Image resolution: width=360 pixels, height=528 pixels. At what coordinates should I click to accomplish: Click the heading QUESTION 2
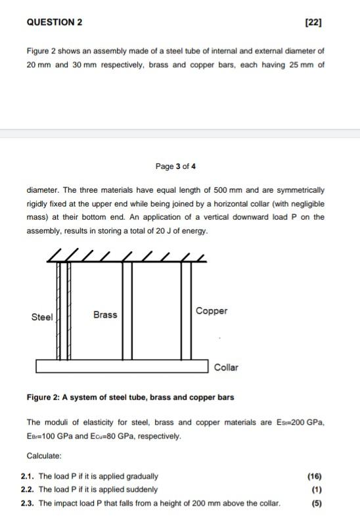pyautogui.click(x=55, y=22)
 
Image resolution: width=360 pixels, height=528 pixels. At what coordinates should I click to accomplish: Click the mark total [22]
pyautogui.click(x=314, y=22)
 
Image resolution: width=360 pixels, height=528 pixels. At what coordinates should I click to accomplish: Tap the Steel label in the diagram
pyautogui.click(x=42, y=317)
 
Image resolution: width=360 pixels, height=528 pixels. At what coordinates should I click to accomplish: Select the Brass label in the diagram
pyautogui.click(x=105, y=314)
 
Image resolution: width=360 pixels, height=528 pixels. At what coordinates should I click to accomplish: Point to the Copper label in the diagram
pyautogui.click(x=212, y=310)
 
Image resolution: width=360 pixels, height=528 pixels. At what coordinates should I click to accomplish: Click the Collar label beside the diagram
pyautogui.click(x=226, y=367)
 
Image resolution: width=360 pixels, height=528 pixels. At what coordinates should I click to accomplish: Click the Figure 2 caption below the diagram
pyautogui.click(x=130, y=397)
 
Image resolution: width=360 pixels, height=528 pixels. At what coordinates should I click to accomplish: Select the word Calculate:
pyautogui.click(x=44, y=456)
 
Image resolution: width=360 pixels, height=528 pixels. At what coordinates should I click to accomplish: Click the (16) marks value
pyautogui.click(x=315, y=476)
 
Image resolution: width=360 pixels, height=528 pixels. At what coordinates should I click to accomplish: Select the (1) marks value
pyautogui.click(x=317, y=489)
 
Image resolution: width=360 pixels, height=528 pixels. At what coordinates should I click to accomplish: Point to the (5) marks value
pyautogui.click(x=317, y=503)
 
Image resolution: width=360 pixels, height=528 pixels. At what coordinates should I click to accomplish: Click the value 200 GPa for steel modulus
pyautogui.click(x=306, y=422)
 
